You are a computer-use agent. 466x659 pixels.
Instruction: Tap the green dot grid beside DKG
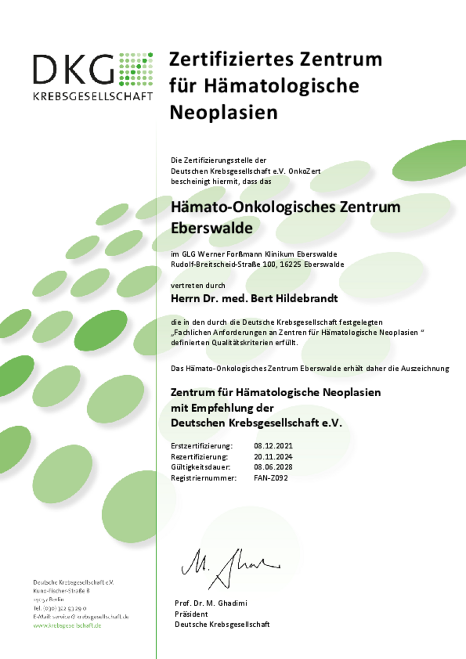tap(136, 69)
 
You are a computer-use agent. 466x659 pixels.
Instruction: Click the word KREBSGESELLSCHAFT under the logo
tap(93, 96)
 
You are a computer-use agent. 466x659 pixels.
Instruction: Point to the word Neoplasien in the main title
tap(223, 112)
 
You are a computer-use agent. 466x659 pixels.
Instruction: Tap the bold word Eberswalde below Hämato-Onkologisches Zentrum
tap(211, 228)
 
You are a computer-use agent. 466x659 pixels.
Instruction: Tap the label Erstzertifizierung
tap(201, 446)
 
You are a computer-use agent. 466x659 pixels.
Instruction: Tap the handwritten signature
tap(229, 565)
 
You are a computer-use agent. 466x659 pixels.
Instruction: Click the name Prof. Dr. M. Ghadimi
tap(211, 603)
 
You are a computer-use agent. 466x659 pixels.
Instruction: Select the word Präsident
tap(191, 614)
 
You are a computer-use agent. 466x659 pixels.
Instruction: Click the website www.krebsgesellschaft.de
tap(67, 626)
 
